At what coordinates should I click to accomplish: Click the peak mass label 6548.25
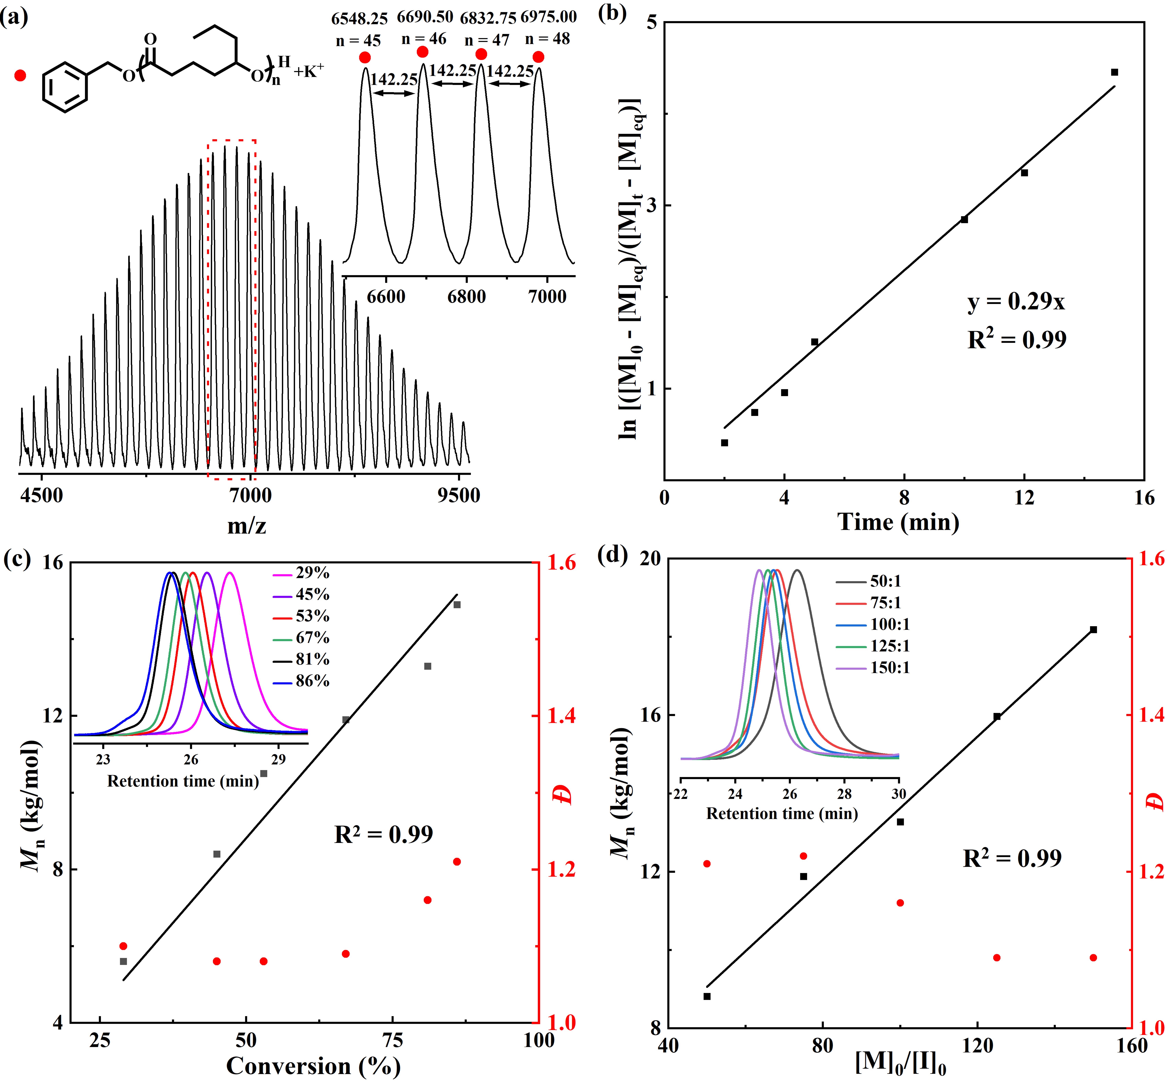click(359, 19)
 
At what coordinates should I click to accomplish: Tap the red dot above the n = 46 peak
click(423, 53)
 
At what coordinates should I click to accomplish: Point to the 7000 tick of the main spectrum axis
click(250, 496)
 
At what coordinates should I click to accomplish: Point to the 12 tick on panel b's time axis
click(1024, 497)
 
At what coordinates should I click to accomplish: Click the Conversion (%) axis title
click(313, 1066)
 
